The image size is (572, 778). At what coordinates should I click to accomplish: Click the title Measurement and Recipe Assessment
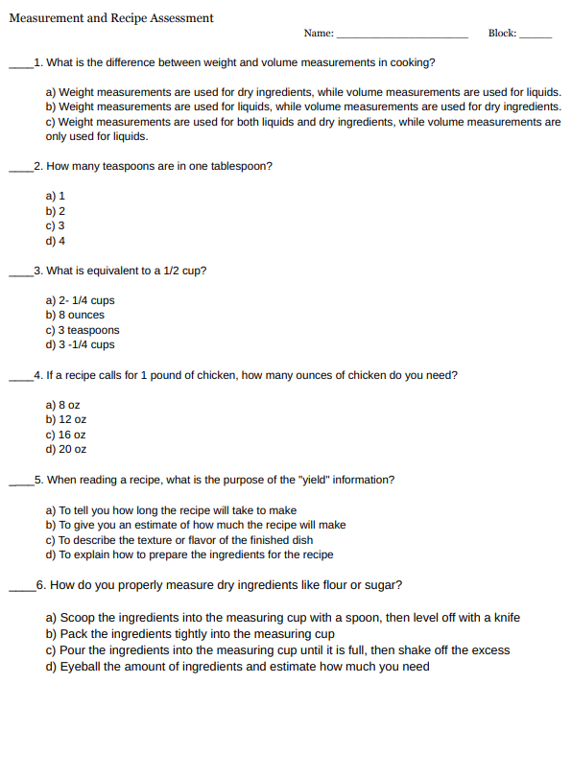click(111, 18)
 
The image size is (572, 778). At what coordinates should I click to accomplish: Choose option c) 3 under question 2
click(56, 225)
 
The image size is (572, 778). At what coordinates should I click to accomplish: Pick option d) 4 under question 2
click(56, 241)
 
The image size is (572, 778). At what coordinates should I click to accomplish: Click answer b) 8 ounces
click(75, 315)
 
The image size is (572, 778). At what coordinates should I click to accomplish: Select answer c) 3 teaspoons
click(83, 330)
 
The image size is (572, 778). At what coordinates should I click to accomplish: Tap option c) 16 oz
click(66, 435)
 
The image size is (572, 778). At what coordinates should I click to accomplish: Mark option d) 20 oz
click(66, 449)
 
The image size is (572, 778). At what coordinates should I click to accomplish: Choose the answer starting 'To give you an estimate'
click(196, 525)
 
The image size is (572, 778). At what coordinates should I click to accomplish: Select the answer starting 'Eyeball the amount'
click(238, 667)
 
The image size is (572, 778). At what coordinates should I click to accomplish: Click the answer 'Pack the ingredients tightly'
click(190, 634)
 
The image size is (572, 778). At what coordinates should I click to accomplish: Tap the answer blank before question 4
click(20, 379)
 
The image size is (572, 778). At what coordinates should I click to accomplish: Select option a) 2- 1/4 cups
click(81, 300)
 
